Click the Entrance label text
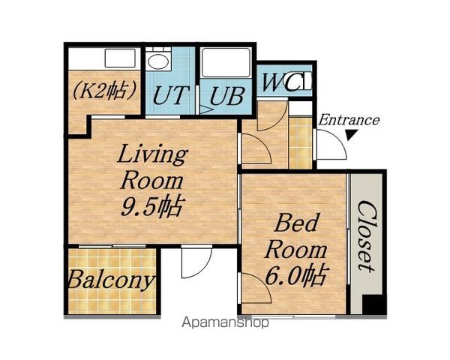pos(349,120)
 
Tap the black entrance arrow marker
pos(352,135)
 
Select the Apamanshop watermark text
pos(226,322)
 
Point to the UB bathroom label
pos(227,96)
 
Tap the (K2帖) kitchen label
pos(104,91)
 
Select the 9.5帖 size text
pos(151,206)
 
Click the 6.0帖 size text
pos(295,275)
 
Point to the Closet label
pos(367,236)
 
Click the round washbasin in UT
pos(158,61)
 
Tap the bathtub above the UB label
pos(226,63)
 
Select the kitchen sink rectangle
pos(120,58)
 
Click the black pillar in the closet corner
pos(373,304)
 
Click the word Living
pos(152,154)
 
